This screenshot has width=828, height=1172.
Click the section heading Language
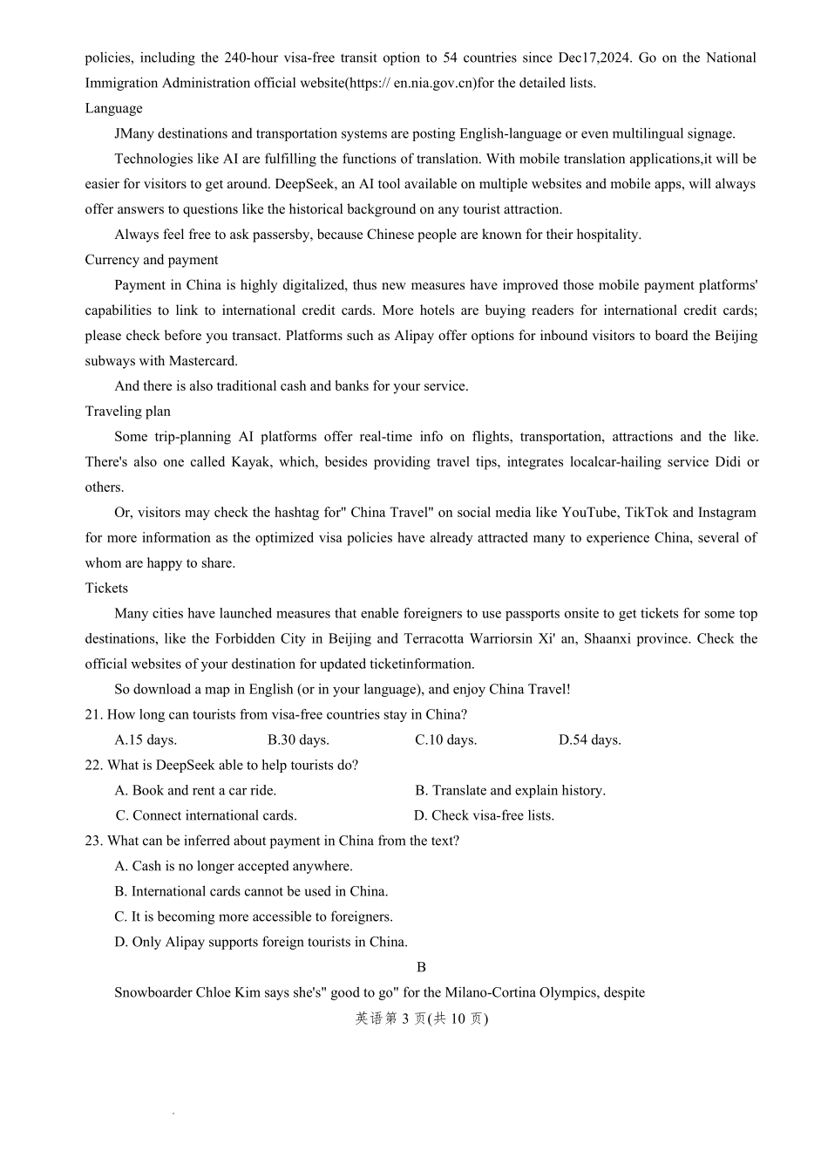(113, 108)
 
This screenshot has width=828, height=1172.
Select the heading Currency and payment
(151, 260)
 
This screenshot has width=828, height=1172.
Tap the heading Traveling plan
(127, 412)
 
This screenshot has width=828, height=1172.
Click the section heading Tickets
(106, 589)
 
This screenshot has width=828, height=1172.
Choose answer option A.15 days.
(146, 740)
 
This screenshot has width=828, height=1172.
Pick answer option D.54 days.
(590, 740)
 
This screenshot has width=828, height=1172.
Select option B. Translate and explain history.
(510, 791)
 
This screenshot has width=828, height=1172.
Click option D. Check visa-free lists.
(484, 816)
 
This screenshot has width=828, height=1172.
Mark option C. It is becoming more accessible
(254, 917)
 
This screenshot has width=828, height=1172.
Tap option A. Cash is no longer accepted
(234, 867)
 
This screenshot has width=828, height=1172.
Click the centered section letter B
(422, 968)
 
